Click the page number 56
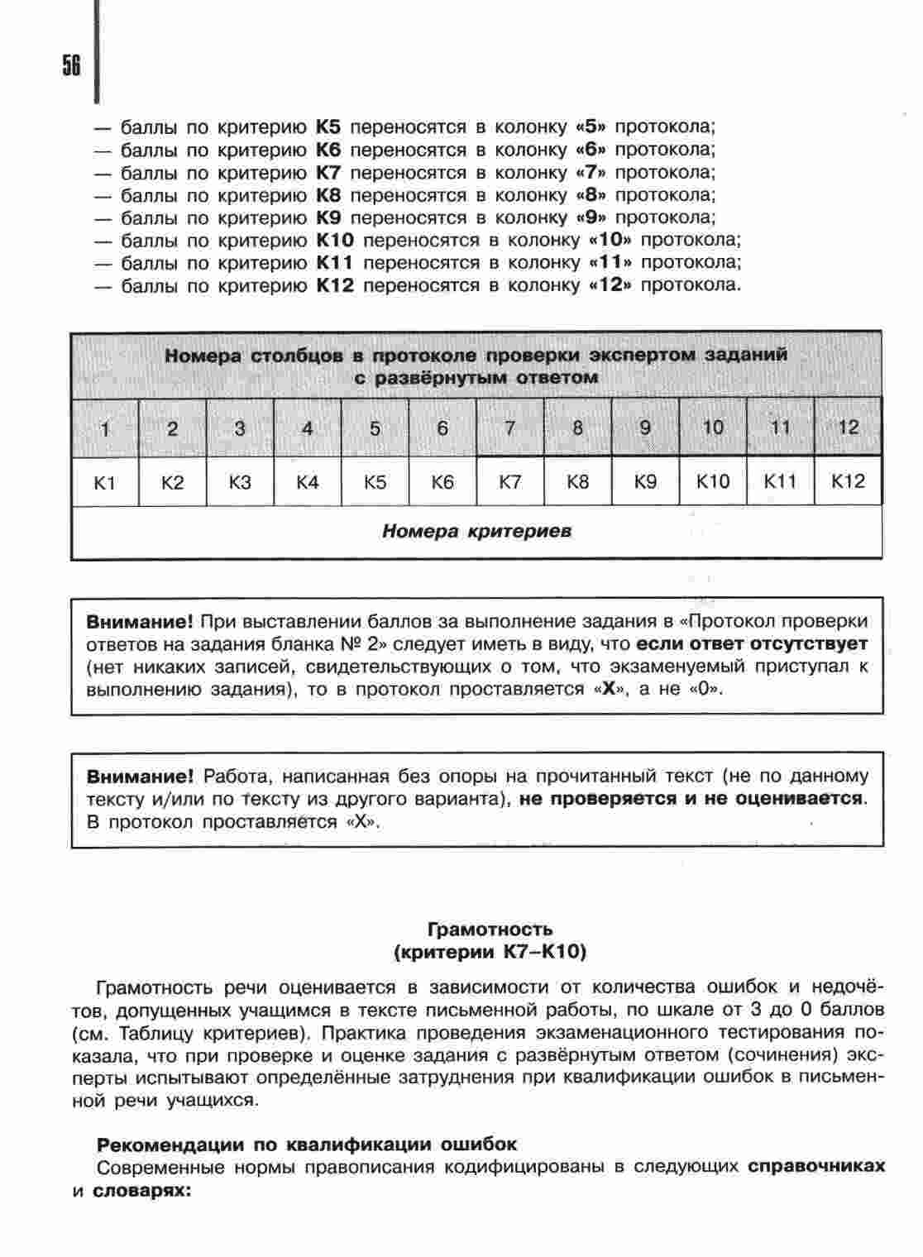71,65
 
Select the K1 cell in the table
105,482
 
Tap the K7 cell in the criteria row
510,482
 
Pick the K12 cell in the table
848,481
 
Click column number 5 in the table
375,428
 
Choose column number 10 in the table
713,428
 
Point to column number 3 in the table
240,428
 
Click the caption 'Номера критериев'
476,531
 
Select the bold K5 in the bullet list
328,127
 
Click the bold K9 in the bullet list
328,217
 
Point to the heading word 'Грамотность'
490,930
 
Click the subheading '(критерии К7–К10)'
490,952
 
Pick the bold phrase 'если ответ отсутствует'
752,643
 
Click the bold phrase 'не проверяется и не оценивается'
691,799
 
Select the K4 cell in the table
308,482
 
